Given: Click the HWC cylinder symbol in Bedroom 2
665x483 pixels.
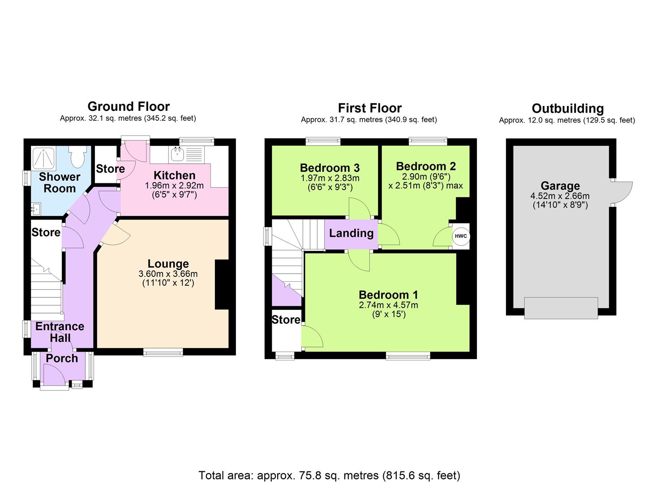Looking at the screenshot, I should pyautogui.click(x=460, y=236).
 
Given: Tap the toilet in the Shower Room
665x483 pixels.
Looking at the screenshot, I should pyautogui.click(x=77, y=157).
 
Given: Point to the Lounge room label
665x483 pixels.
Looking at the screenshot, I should pyautogui.click(x=168, y=264).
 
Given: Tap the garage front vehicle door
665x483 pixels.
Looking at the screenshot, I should pyautogui.click(x=561, y=308).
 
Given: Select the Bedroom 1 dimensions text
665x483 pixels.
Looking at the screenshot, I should pyautogui.click(x=388, y=309).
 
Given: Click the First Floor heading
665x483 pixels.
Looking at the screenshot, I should pyautogui.click(x=369, y=108).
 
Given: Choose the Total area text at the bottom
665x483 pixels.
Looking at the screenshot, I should pyautogui.click(x=329, y=475).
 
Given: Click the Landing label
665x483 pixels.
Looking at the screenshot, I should pyautogui.click(x=351, y=233).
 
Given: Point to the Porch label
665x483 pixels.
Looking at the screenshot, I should pyautogui.click(x=62, y=358).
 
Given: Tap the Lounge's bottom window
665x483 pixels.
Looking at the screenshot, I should pyautogui.click(x=163, y=352).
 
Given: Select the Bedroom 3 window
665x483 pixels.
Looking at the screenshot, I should pyautogui.click(x=323, y=141).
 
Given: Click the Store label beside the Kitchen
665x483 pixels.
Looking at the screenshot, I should pyautogui.click(x=110, y=169).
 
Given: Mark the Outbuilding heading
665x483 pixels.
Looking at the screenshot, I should pyautogui.click(x=567, y=109).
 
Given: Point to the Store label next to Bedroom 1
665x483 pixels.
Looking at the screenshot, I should pyautogui.click(x=286, y=320).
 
